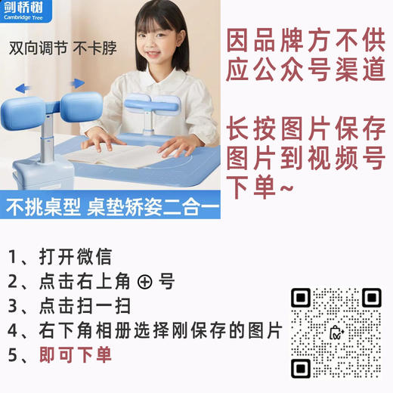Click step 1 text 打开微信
click(75, 257)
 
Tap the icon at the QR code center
click(336, 333)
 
